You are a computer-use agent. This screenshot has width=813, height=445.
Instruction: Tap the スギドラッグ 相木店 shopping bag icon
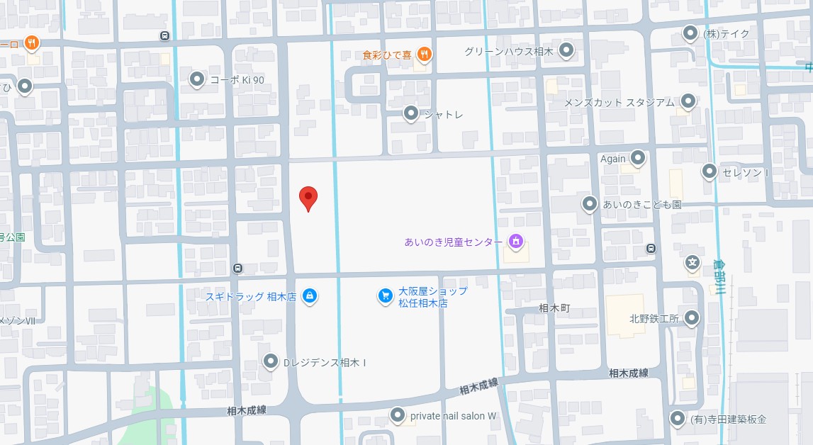pos(309,296)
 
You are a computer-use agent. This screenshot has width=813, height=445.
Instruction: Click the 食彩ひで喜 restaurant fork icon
pos(424,53)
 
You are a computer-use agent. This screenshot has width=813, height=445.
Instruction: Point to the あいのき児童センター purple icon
pos(516,242)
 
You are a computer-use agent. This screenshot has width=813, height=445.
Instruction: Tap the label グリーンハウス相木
pos(508,51)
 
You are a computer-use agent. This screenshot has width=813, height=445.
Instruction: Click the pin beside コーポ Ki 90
pos(197,80)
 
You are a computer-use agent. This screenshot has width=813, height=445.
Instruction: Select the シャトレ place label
pos(444,114)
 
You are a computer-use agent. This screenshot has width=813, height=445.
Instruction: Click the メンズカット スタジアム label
pos(619,102)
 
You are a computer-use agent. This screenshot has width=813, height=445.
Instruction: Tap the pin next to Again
pos(639,159)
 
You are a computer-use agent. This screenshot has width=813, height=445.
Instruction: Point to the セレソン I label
pos(746,172)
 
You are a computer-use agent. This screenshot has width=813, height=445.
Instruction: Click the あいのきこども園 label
pos(641,204)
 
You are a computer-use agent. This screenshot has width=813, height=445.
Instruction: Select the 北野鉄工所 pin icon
pos(692,318)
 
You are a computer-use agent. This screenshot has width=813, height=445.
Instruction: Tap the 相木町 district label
pos(554,308)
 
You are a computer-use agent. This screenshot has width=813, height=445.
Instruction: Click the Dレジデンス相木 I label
pos(325,363)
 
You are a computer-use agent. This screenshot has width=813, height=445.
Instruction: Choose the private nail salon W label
pos(454,416)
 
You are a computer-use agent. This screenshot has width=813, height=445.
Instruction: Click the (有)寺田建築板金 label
pos(729,419)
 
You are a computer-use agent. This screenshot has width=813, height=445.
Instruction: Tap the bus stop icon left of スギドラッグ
pos(237,268)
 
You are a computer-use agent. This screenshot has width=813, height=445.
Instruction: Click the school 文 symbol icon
pos(693,263)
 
